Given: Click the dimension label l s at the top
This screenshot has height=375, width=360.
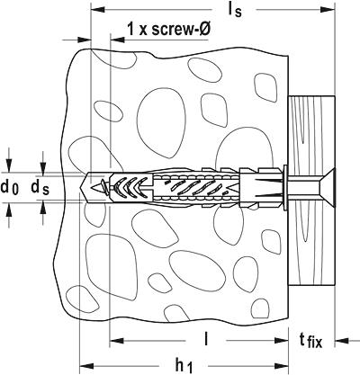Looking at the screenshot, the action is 235,10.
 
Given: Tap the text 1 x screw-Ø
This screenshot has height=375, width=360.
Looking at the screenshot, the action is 168,30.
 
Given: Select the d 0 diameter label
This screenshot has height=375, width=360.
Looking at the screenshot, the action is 10,188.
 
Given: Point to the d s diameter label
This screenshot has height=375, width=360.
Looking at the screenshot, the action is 40,188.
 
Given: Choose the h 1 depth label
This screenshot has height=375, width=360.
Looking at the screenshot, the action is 184,366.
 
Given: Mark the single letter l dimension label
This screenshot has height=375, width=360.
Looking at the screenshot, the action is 205,340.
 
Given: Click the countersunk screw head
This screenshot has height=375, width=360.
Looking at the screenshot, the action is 327,188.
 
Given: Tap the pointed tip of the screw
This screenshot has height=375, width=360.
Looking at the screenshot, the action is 93,188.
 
